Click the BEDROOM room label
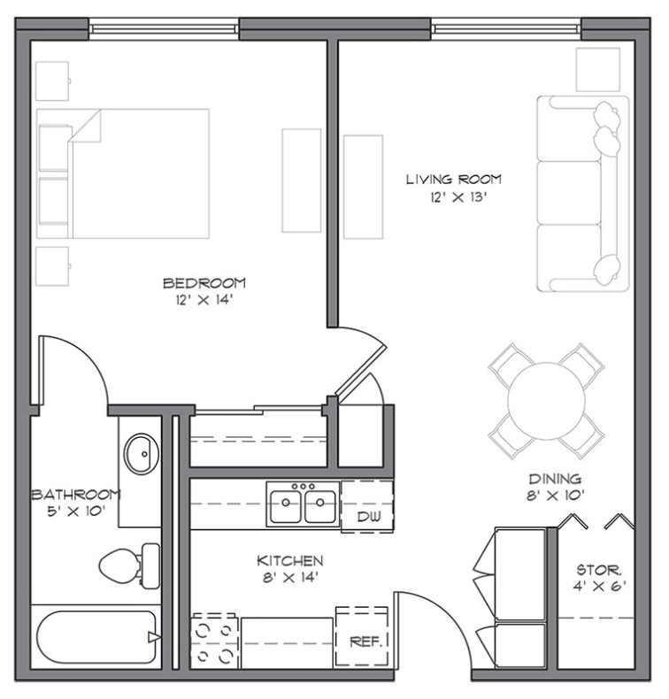(204, 283)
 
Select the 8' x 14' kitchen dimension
(289, 578)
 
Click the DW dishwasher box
(367, 516)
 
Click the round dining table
(548, 401)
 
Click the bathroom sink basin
(140, 454)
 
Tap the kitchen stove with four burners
(214, 641)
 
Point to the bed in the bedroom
(124, 173)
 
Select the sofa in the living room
(582, 195)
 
